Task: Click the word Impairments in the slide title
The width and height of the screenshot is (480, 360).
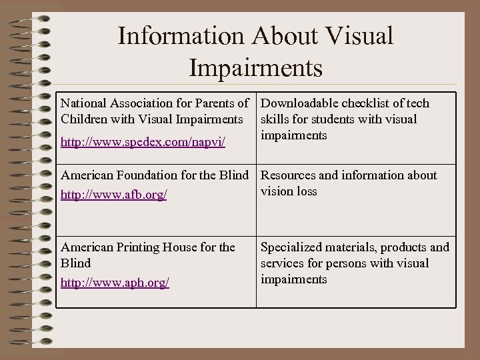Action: (256, 67)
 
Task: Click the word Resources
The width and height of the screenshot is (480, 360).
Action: (289, 175)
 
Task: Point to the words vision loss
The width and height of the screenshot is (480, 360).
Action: (289, 191)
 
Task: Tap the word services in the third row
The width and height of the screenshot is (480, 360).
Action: (283, 263)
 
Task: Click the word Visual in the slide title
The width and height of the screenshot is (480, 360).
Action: (360, 36)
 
